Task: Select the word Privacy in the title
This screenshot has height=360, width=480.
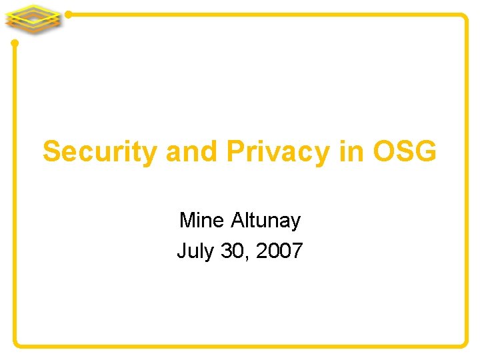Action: (x=277, y=152)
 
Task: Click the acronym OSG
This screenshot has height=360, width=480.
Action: (x=405, y=152)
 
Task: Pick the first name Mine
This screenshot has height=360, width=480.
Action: (x=202, y=219)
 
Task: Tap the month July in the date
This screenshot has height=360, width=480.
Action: (x=195, y=251)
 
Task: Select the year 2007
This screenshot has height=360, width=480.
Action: (x=279, y=251)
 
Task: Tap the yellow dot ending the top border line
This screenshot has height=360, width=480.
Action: (x=69, y=14)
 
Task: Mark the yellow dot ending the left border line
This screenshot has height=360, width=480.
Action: (x=15, y=43)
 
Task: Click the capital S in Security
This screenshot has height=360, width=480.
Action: (x=51, y=152)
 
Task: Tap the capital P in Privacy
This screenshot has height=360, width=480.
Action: (x=235, y=152)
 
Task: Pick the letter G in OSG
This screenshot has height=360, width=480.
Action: (x=425, y=152)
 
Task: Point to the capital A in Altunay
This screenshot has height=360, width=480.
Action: (x=238, y=219)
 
